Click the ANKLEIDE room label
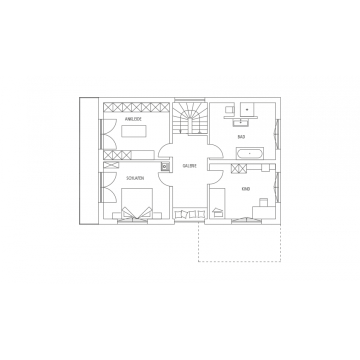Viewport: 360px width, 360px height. point(133,119)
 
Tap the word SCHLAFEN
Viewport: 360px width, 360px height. point(135,178)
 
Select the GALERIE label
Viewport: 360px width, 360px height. point(189,166)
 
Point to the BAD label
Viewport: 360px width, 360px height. point(241,137)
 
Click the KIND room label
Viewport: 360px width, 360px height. point(245,189)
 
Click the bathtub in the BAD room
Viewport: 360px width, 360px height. point(249,153)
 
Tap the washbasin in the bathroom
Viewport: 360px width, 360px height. point(240,123)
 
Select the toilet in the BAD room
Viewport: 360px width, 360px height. point(230,109)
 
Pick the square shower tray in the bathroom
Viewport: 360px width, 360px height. point(247,109)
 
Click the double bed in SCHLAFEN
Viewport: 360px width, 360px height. point(137,203)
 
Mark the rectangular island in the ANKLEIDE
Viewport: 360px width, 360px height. point(134,131)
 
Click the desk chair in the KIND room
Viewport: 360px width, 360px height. point(263,202)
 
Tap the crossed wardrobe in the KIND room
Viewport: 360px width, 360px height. point(239,168)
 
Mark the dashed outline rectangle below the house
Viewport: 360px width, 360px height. point(239,261)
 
